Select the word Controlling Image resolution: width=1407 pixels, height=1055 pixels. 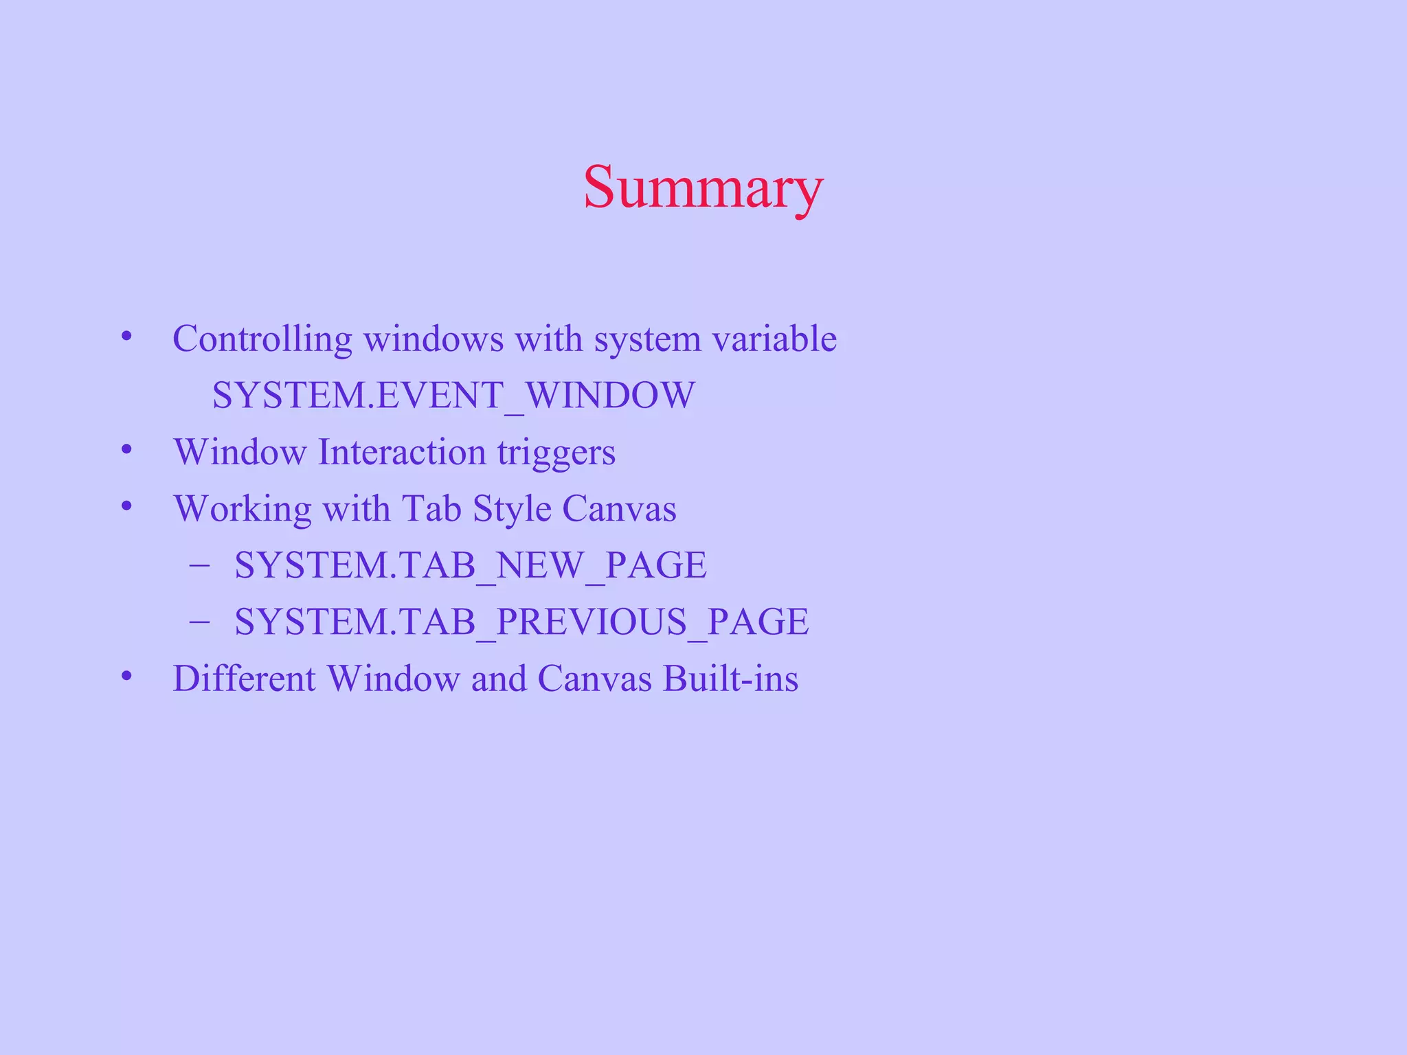point(262,339)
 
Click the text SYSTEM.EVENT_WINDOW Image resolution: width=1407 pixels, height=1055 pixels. point(453,396)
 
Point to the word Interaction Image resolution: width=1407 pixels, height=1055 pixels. point(402,453)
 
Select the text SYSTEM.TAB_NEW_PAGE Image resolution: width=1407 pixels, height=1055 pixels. point(471,565)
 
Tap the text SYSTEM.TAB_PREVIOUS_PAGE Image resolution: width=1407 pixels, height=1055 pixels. point(521,622)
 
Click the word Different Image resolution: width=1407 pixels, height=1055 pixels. point(244,679)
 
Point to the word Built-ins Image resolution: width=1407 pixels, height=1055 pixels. point(730,679)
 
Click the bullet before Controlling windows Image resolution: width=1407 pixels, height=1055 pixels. point(126,337)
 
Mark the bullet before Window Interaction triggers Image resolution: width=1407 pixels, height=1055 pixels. point(126,450)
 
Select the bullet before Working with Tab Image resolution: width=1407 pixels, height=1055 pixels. point(126,507)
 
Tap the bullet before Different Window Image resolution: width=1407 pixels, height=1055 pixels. point(126,677)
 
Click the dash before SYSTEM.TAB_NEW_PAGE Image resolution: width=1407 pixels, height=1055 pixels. point(199,565)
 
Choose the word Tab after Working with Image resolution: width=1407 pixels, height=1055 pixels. point(431,509)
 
